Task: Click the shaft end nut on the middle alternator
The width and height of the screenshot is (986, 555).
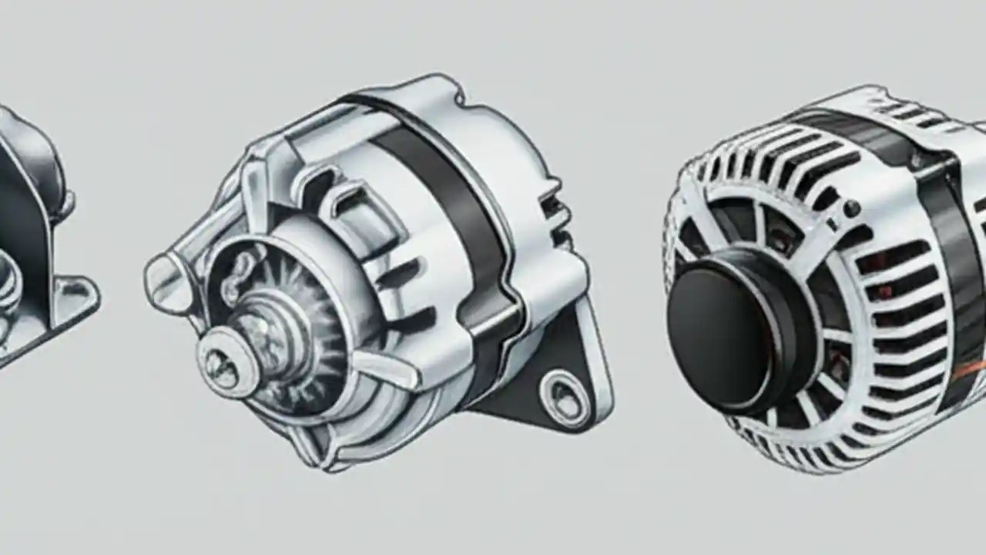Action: click(x=223, y=363)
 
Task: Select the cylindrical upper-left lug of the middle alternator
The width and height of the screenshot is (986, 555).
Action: click(x=166, y=282)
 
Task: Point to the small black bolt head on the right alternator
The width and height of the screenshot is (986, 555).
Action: click(x=850, y=209)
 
